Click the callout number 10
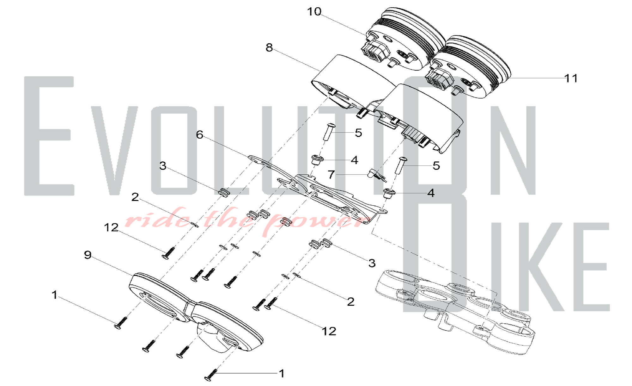click(314, 12)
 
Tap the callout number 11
click(571, 78)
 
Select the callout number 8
click(269, 48)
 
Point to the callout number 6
click(199, 135)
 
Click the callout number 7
click(331, 174)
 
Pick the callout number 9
click(88, 255)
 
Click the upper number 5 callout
click(358, 133)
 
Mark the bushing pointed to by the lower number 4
click(389, 193)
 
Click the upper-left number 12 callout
click(111, 227)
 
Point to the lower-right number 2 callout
click(350, 302)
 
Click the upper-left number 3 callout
click(163, 166)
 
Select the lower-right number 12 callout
click(329, 331)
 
